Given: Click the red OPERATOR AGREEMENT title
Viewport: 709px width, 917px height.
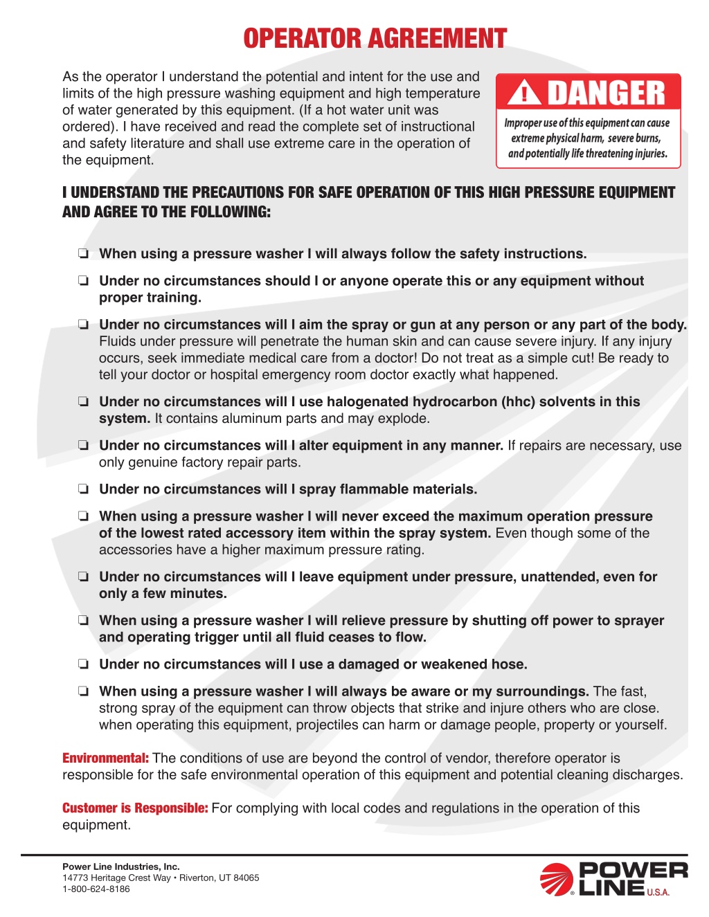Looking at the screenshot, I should pyautogui.click(x=375, y=39).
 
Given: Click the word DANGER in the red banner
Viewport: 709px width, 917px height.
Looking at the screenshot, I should pyautogui.click(x=606, y=93).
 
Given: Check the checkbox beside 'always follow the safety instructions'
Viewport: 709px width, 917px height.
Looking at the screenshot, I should pyautogui.click(x=83, y=254).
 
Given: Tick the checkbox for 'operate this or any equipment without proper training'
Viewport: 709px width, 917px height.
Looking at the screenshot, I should pyautogui.click(x=83, y=281).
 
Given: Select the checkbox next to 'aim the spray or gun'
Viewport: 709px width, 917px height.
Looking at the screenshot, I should pyautogui.click(x=83, y=325).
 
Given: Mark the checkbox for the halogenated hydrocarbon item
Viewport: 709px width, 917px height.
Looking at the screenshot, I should pyautogui.click(x=83, y=401).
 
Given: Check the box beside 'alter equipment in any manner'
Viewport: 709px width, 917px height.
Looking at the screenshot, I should pyautogui.click(x=83, y=445).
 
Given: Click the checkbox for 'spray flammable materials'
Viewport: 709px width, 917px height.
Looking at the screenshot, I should pyautogui.click(x=83, y=489).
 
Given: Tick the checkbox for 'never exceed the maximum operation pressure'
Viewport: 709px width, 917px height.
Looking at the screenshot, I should pyautogui.click(x=83, y=516).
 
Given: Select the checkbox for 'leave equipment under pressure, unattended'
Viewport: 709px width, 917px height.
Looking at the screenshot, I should pyautogui.click(x=83, y=576).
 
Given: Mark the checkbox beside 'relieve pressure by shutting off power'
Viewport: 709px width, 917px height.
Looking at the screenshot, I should pyautogui.click(x=83, y=620).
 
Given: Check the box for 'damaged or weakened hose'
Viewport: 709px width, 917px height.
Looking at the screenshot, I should pyautogui.click(x=83, y=664).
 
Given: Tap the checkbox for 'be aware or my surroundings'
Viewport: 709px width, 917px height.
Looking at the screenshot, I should pyautogui.click(x=83, y=691).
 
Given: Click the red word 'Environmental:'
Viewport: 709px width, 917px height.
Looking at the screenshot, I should pyautogui.click(x=105, y=759).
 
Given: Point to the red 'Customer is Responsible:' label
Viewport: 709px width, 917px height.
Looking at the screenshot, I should pyautogui.click(x=135, y=808).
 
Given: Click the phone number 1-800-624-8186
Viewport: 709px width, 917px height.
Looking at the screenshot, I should pyautogui.click(x=96, y=889).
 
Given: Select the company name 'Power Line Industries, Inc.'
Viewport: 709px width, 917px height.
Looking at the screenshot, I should pyautogui.click(x=120, y=866).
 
